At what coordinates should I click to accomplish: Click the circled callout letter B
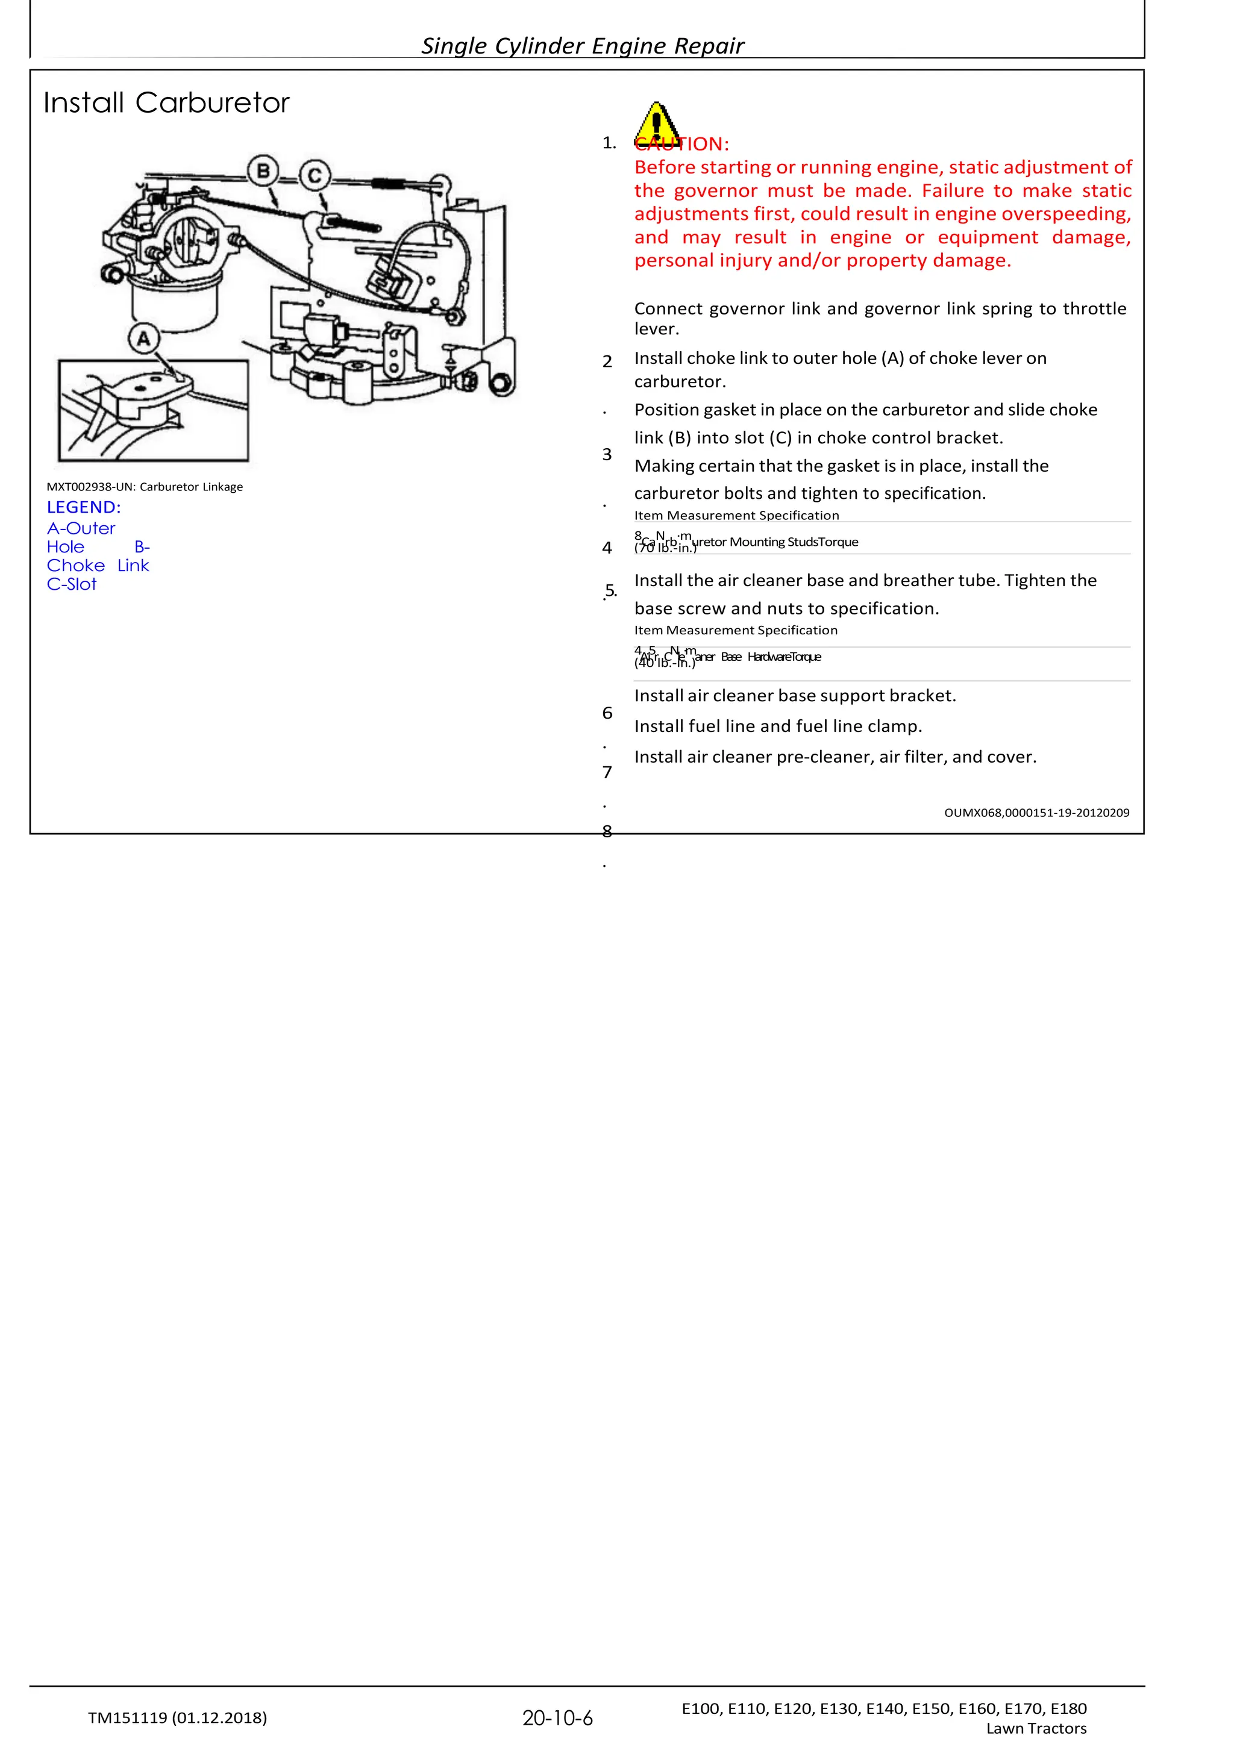pos(263,171)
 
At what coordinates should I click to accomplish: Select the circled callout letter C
pos(315,177)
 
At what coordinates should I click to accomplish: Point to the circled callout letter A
pos(144,339)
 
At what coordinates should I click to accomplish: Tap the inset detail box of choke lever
pos(153,411)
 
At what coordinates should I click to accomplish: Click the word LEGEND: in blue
pos(84,507)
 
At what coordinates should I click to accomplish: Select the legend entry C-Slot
pos(72,584)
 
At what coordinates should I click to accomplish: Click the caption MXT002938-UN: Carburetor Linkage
pos(145,487)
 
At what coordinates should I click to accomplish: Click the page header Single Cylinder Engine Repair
pos(583,46)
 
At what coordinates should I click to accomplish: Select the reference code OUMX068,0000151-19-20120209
pos(1036,813)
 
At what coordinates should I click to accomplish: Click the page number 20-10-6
pos(557,1718)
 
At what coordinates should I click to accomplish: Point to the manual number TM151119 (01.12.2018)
pos(177,1717)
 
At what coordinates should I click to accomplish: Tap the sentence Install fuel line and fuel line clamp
pos(778,727)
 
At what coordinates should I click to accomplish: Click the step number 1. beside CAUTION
pos(609,143)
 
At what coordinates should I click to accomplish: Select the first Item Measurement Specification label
pos(736,515)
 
